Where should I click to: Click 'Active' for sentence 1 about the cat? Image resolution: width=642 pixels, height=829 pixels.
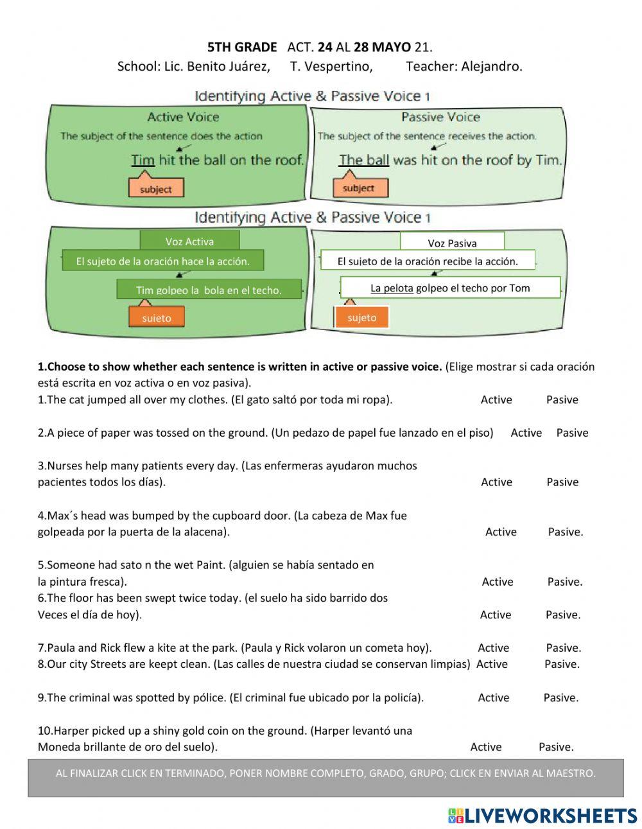point(496,399)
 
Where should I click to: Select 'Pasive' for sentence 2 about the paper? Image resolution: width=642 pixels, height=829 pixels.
point(572,433)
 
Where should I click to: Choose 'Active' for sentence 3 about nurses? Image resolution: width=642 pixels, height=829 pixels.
point(496,482)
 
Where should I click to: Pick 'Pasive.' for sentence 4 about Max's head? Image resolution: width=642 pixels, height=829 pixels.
point(566,532)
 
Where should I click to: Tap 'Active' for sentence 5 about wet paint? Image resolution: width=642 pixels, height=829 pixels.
point(498,582)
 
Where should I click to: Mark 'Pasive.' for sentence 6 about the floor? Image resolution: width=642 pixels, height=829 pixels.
point(563,615)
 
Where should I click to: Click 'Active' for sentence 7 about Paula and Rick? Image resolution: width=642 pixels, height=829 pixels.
point(493,648)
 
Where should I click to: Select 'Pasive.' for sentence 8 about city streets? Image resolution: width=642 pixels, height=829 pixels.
point(562,664)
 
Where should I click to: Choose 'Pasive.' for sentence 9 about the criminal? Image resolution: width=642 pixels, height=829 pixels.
point(560,697)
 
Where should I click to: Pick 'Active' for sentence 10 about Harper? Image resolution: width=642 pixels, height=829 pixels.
point(486,747)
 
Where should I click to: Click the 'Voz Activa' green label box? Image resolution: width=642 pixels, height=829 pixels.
point(189,241)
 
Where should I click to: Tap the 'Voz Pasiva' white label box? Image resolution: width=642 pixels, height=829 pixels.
point(452,243)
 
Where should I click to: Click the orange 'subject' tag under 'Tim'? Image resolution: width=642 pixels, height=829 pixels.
point(156,189)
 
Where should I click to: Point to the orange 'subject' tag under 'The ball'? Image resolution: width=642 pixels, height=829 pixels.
point(358,188)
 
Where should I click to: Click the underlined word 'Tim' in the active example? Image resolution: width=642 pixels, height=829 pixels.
point(143,160)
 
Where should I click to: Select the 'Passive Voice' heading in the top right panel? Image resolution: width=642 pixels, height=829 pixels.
point(440,117)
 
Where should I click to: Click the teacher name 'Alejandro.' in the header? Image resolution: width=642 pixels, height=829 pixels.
point(494,66)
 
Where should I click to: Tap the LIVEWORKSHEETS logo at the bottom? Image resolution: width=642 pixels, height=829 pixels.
point(542,816)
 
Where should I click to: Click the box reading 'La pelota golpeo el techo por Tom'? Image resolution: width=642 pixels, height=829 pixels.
point(450,288)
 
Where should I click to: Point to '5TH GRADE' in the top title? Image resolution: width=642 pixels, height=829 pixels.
point(242,47)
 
